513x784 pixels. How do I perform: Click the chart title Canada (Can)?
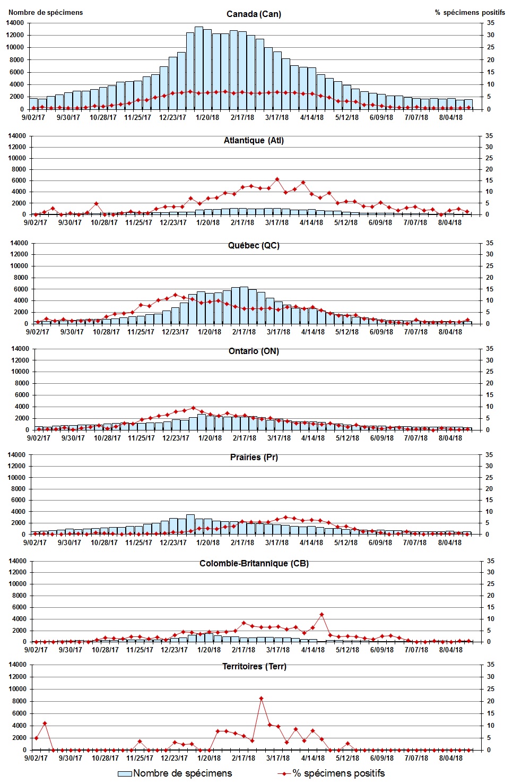254,14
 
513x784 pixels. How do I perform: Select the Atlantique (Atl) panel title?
254,141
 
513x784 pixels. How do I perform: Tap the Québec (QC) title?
254,246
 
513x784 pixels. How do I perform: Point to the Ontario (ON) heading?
254,351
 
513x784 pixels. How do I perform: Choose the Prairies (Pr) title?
254,457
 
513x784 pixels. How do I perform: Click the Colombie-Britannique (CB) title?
254,563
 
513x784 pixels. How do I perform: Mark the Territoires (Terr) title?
254,667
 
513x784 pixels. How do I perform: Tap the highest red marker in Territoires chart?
261,699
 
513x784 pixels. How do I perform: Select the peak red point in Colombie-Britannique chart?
321,615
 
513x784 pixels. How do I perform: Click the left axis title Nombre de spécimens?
46,12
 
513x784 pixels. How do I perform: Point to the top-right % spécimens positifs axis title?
469,12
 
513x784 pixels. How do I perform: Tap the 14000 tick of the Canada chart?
15,23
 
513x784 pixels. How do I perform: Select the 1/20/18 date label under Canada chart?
207,117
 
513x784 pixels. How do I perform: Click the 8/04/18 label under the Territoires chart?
450,758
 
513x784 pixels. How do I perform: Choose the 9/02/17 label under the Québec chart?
38,332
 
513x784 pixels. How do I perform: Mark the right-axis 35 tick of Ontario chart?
490,349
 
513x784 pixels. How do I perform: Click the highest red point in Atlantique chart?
277,179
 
